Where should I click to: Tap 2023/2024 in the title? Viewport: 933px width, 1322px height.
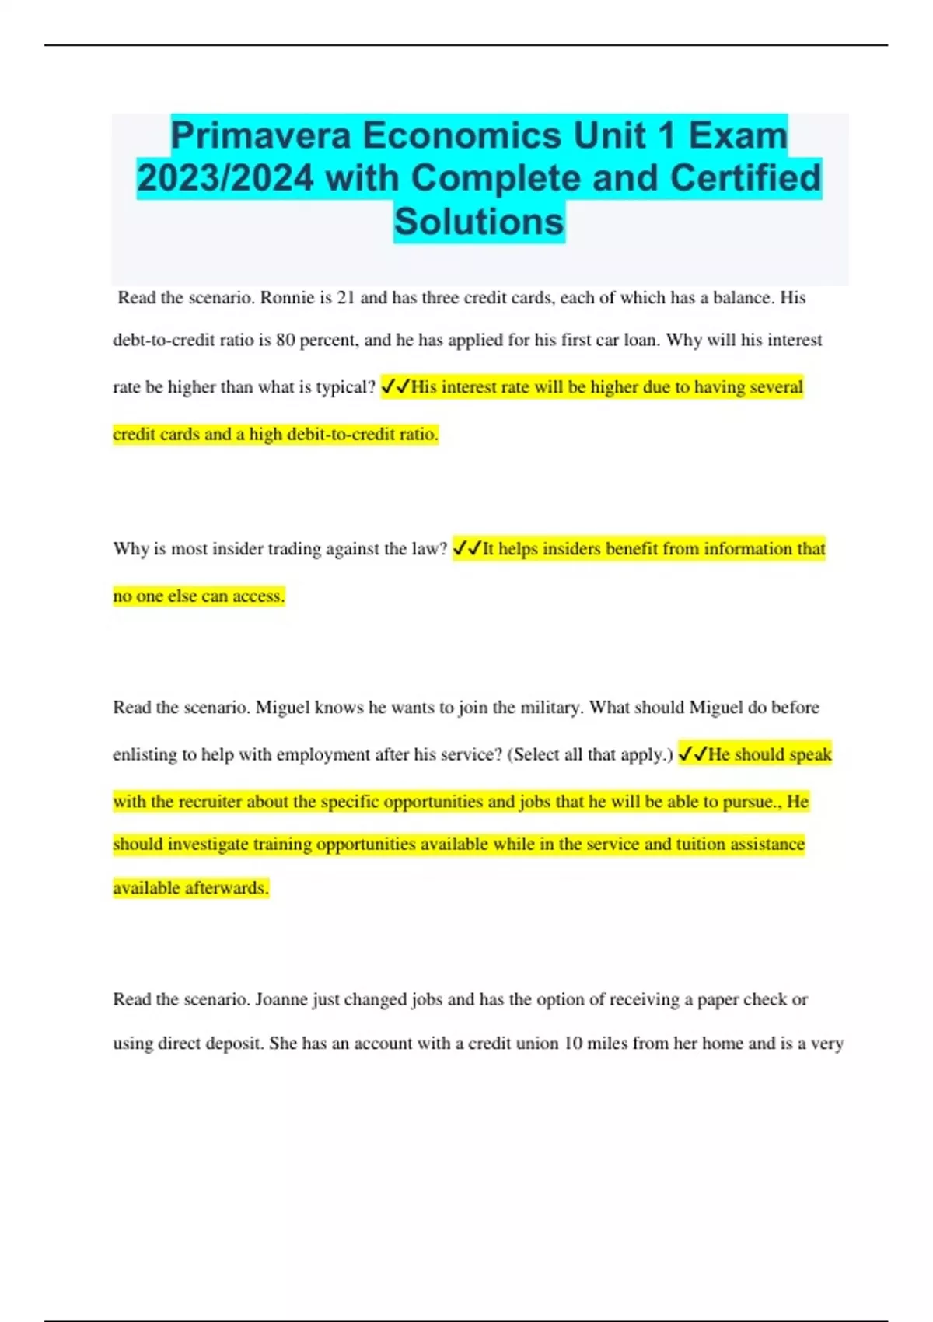click(225, 178)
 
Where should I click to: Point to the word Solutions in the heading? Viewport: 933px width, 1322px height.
click(479, 222)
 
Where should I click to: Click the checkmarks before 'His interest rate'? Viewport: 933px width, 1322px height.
click(396, 387)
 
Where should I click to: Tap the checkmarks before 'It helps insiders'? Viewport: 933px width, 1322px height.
click(467, 549)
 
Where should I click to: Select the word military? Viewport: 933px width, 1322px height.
click(550, 708)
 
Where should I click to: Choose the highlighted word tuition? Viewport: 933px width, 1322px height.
click(703, 845)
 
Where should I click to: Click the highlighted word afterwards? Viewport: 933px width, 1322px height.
click(227, 888)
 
